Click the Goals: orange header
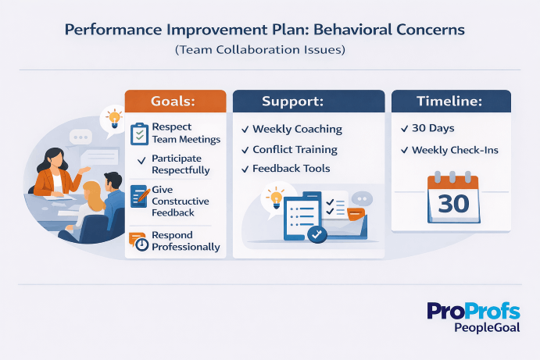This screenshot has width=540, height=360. click(175, 102)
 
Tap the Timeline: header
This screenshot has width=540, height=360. click(451, 102)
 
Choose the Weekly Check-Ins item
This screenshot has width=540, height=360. click(455, 150)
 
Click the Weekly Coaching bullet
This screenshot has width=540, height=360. click(297, 129)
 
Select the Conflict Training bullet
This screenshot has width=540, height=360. click(295, 149)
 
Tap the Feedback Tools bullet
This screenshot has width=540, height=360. click(291, 169)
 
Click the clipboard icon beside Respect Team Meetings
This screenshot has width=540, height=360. click(138, 133)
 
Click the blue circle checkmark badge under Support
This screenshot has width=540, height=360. click(317, 233)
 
